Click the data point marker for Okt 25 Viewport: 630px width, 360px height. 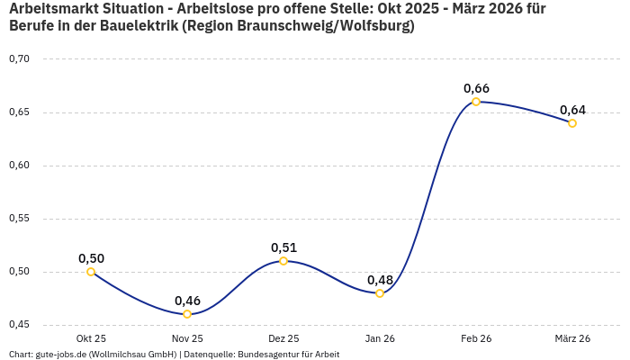91,272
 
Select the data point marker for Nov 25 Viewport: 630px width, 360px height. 187,314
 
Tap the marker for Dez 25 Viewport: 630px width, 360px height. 283,261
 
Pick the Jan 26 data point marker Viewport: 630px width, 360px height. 380,293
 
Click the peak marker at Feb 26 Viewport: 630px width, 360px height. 476,102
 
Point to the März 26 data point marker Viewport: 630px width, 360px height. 572,123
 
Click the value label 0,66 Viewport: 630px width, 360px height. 476,88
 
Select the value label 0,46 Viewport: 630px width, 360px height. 187,301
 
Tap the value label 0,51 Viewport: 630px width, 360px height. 283,247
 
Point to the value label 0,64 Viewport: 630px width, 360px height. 572,110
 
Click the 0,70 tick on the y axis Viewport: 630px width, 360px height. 19,59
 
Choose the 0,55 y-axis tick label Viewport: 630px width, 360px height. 19,219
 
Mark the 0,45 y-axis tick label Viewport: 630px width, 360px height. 19,324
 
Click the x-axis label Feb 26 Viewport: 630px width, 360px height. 476,338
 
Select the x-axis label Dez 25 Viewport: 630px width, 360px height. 283,338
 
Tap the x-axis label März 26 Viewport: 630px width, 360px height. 572,338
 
